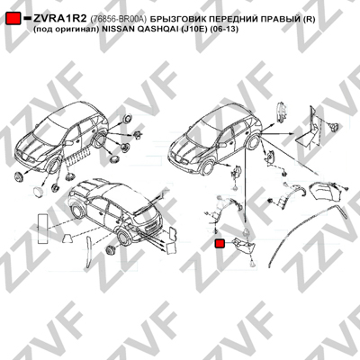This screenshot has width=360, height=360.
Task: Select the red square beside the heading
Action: click(13, 19)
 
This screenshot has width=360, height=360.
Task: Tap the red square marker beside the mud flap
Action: click(220, 243)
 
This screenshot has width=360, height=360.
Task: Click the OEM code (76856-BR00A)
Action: click(118, 19)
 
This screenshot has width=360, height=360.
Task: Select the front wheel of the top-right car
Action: click(208, 167)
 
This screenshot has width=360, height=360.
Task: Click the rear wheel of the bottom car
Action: click(123, 238)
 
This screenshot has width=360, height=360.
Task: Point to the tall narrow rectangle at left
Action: click(41, 227)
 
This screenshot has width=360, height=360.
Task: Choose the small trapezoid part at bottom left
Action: click(67, 238)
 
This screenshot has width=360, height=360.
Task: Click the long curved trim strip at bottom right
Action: click(303, 228)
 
